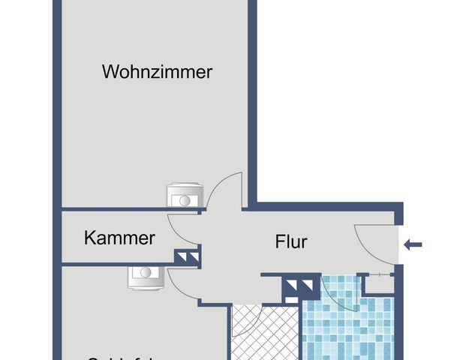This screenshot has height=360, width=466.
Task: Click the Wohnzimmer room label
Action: click(158, 73)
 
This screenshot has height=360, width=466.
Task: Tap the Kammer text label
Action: click(119, 238)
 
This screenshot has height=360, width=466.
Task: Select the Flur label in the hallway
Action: click(292, 242)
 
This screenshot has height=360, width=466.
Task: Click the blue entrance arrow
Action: click(413, 244)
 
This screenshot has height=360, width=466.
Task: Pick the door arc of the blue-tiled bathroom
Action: click(338, 296)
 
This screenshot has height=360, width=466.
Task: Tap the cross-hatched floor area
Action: click(263, 337)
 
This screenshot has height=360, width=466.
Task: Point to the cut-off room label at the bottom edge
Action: click(120, 357)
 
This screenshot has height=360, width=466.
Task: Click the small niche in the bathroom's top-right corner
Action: click(377, 283)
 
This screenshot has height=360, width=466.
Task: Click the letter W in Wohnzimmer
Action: click(110, 73)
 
